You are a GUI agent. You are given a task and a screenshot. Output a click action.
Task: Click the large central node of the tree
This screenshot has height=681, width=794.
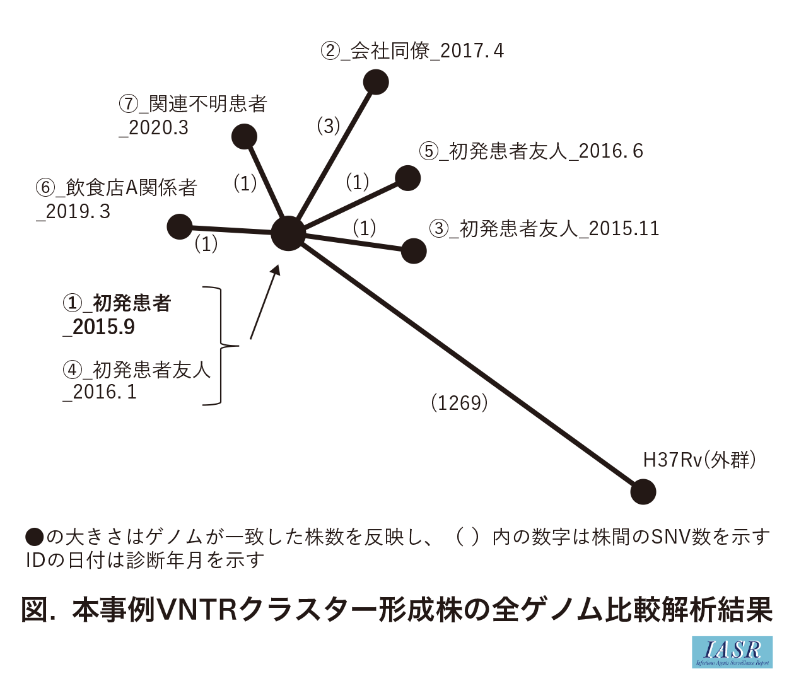(x=288, y=233)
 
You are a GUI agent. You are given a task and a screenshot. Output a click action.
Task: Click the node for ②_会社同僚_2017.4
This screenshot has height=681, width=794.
(x=376, y=82)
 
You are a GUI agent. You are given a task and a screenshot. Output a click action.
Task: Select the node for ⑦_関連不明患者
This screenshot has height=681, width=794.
(x=244, y=136)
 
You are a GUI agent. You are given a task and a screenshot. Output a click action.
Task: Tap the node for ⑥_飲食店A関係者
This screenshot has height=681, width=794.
(x=180, y=226)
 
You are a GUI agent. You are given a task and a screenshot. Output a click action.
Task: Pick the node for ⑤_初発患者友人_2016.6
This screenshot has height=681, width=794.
(x=408, y=178)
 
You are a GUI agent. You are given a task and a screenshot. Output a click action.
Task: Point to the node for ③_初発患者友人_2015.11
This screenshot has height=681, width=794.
(x=414, y=251)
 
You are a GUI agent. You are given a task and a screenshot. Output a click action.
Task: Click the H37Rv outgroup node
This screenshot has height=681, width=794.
(x=643, y=492)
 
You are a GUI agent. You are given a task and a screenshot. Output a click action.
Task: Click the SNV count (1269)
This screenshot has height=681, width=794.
(x=459, y=402)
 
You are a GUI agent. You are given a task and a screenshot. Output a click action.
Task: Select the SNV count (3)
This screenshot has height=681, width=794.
(x=328, y=126)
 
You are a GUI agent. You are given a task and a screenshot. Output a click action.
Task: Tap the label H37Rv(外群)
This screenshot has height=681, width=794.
(x=699, y=460)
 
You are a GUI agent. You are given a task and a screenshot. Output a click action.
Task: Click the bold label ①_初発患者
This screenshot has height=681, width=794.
(x=117, y=303)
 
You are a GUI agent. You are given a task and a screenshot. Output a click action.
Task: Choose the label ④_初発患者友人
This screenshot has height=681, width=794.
(x=137, y=370)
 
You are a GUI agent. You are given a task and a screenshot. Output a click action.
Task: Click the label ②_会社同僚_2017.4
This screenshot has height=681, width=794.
(x=412, y=51)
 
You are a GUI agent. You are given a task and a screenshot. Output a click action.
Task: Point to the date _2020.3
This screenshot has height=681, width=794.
(x=154, y=128)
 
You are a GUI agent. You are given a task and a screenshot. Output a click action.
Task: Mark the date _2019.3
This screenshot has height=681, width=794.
(x=74, y=212)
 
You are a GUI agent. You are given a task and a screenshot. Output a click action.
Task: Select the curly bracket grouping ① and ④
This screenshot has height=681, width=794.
(x=221, y=346)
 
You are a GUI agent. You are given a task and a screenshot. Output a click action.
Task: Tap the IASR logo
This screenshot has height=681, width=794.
(x=732, y=651)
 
